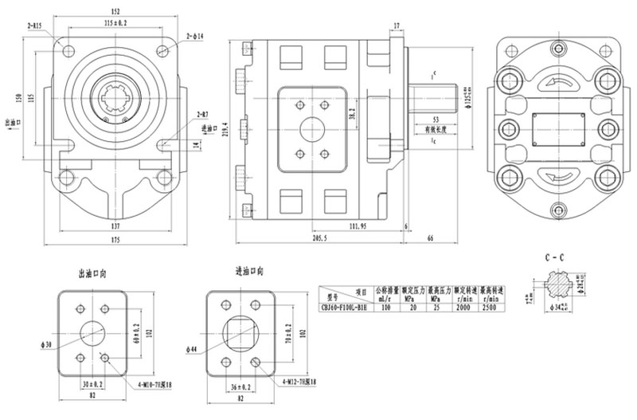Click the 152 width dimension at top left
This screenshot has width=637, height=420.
point(115,11)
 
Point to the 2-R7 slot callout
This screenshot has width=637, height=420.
point(201,115)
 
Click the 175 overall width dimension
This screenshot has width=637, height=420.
point(115,241)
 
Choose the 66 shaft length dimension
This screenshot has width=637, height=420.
point(430,239)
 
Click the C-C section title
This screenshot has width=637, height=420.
point(555,260)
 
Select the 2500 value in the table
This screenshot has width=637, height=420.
point(490,306)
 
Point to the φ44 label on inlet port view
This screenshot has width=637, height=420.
point(193,348)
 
